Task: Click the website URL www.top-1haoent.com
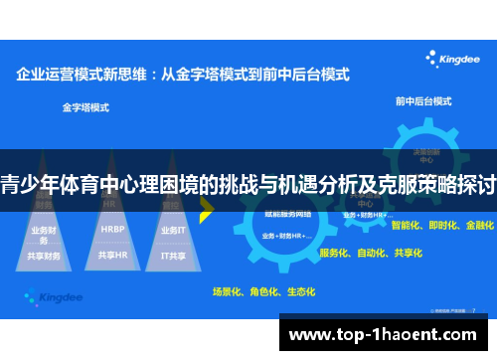point(387,336)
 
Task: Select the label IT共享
point(174,255)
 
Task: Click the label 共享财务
point(45,256)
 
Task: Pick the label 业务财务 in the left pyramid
point(45,235)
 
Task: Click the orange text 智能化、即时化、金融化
point(442,226)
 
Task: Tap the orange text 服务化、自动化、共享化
point(370,253)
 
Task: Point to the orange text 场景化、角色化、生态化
point(262,291)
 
